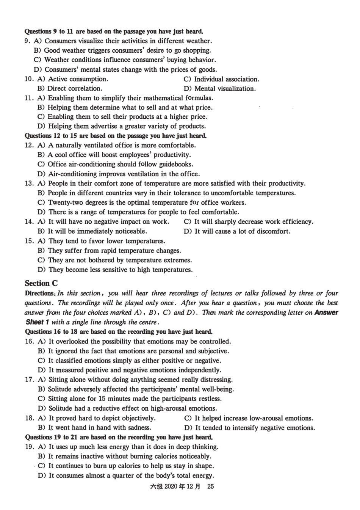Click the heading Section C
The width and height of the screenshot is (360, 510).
pyautogui.click(x=41, y=283)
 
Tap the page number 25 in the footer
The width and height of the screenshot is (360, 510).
pyautogui.click(x=210, y=486)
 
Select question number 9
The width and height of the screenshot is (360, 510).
pyautogui.click(x=27, y=41)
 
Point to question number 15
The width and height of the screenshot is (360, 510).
pyautogui.click(x=29, y=241)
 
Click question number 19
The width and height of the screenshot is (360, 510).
pyautogui.click(x=30, y=447)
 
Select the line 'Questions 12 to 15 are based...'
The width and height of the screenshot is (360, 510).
pyautogui.click(x=116, y=136)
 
